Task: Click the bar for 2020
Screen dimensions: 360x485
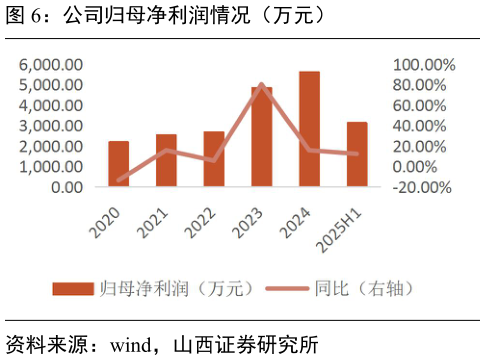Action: (118, 164)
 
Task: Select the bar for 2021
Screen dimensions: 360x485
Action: (166, 160)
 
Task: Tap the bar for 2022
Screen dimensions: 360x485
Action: (214, 159)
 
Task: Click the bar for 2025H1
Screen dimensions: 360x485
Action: (357, 154)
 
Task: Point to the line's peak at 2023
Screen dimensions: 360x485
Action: (262, 84)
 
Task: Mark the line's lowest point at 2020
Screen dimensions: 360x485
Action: (118, 180)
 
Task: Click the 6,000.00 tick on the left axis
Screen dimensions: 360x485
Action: (50, 65)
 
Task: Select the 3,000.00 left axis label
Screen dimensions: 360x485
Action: (50, 126)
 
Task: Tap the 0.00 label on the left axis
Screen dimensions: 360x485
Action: (66, 187)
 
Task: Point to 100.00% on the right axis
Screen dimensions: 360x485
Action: (423, 65)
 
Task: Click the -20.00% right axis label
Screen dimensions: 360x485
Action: (423, 187)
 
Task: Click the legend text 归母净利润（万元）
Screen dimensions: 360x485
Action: (176, 288)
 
